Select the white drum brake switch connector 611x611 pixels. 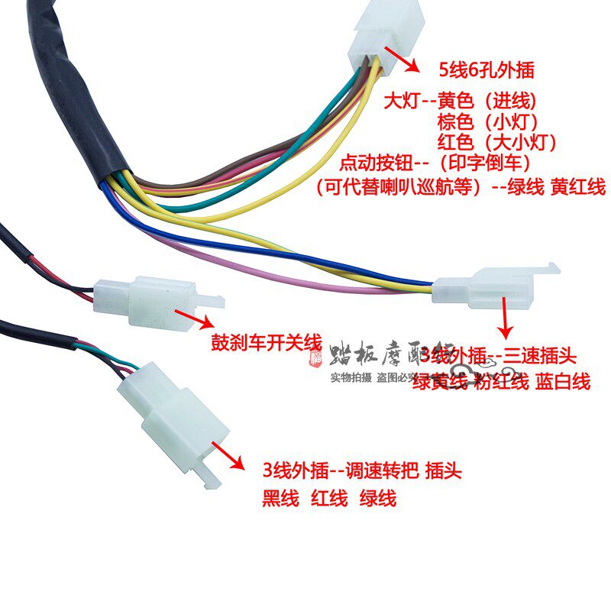click(x=153, y=294)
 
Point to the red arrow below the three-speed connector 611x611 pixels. click(x=505, y=318)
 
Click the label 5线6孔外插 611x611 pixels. click(x=485, y=71)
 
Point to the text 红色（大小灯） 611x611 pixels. click(x=497, y=143)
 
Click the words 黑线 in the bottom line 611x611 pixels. click(x=280, y=499)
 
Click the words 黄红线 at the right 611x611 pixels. click(x=578, y=186)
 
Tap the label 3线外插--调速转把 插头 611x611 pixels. click(x=362, y=469)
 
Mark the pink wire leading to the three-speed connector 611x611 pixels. click(x=305, y=278)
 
